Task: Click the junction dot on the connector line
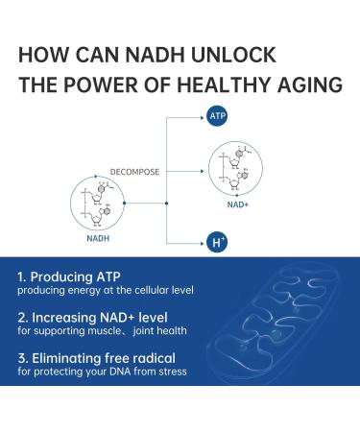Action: (x=167, y=203)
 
